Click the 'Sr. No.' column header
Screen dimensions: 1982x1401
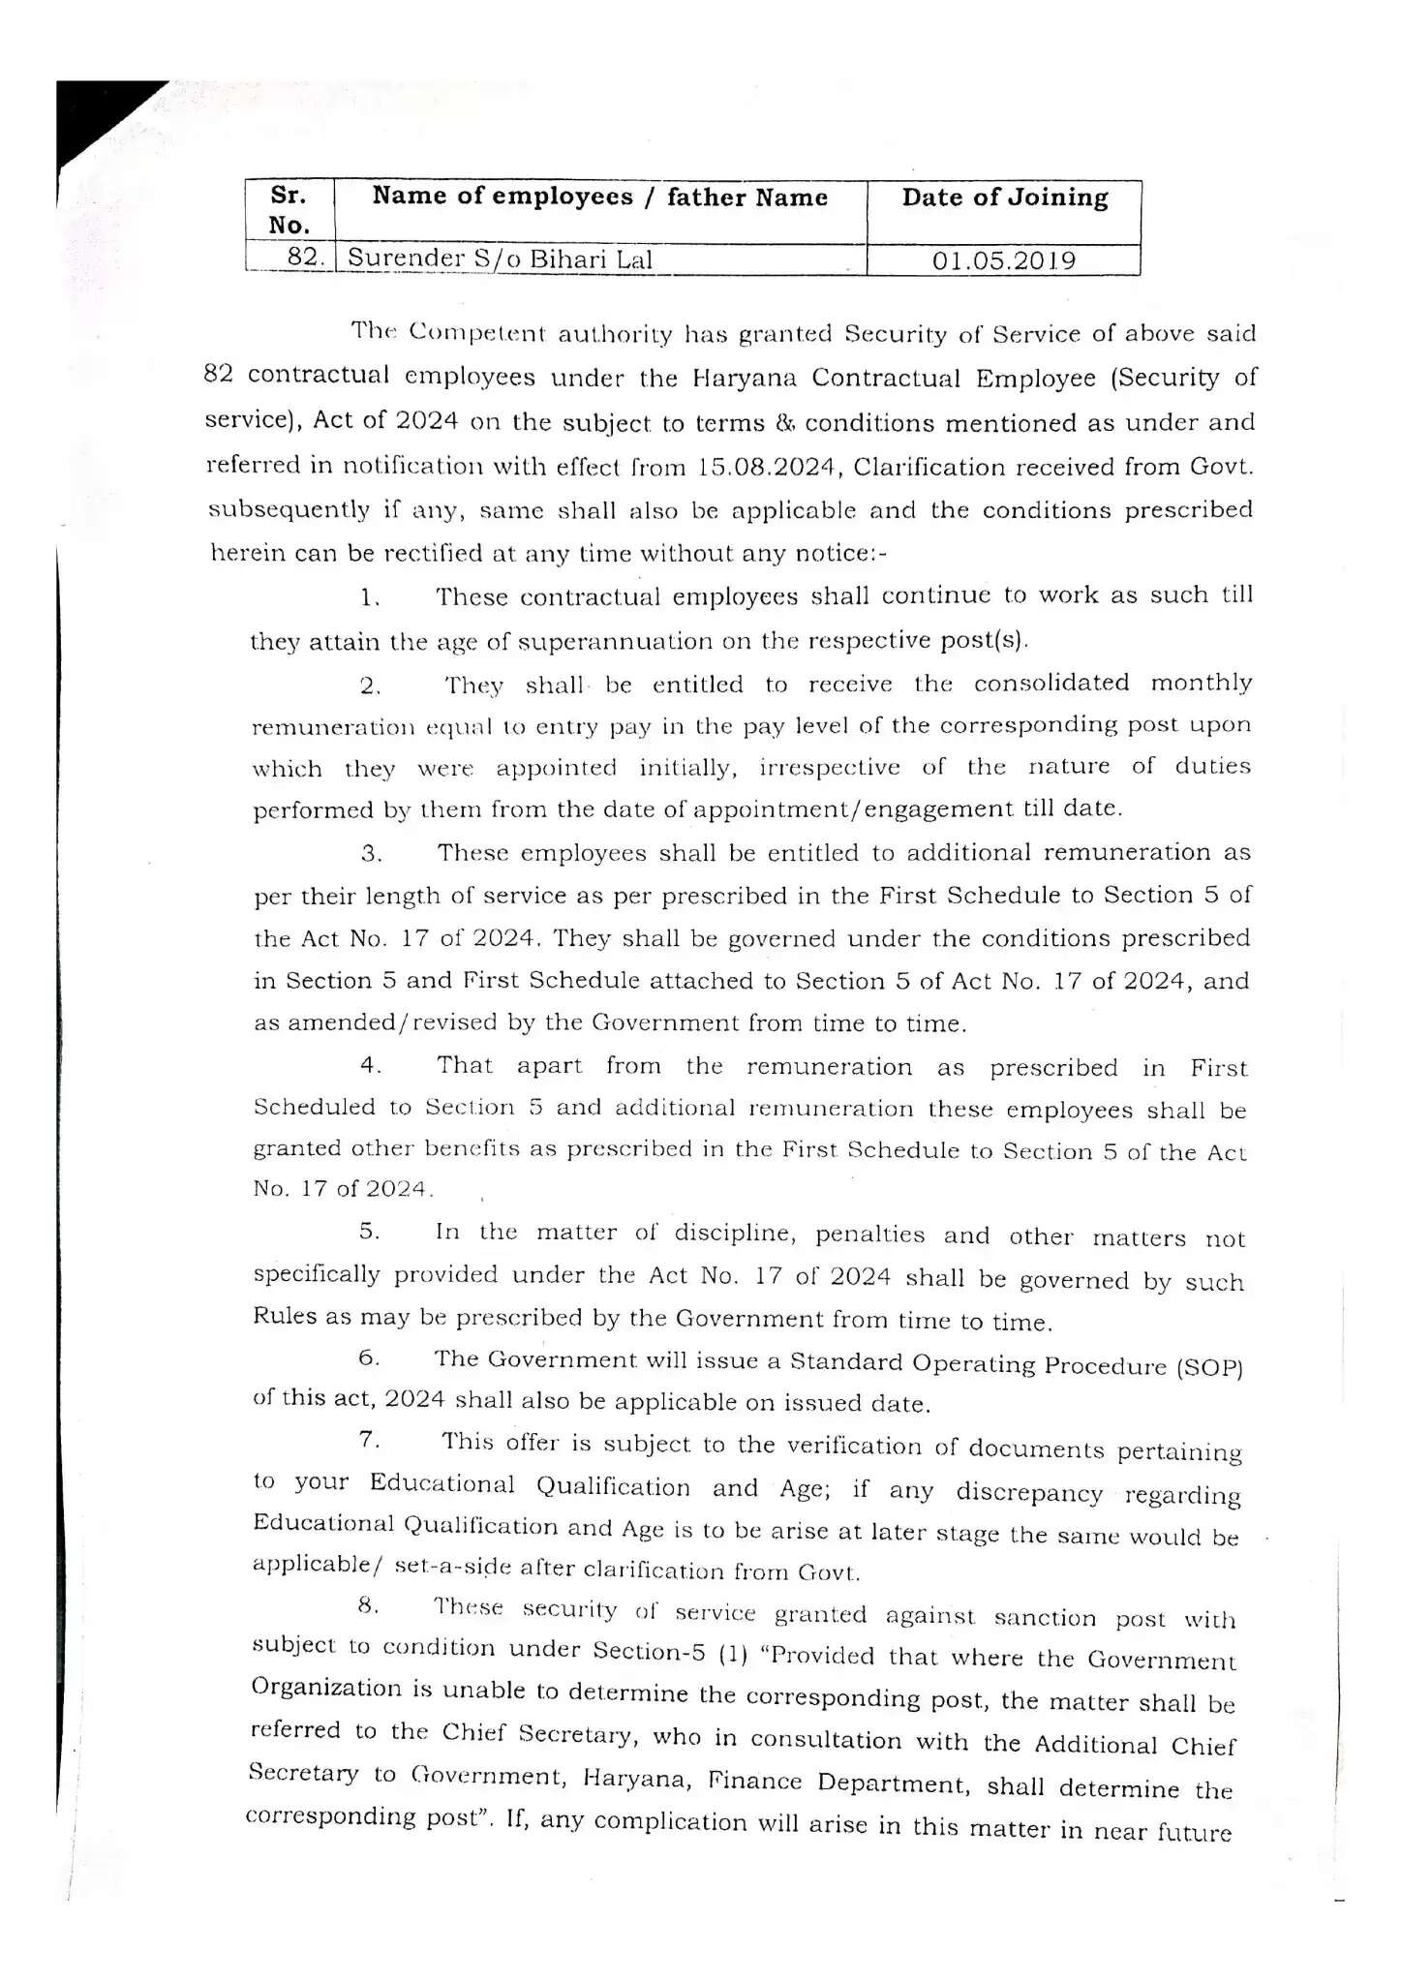tap(289, 210)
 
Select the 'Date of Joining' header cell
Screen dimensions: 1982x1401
tap(1004, 198)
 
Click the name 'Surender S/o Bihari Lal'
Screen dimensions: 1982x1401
tap(500, 259)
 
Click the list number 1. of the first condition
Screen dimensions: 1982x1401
tap(369, 598)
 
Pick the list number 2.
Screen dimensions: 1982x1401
tap(370, 686)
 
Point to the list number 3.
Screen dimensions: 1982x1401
tap(372, 854)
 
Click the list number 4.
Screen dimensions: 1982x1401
tap(371, 1066)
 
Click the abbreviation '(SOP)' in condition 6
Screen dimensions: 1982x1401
tap(1208, 1367)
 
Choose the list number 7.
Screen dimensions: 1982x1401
tap(369, 1440)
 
